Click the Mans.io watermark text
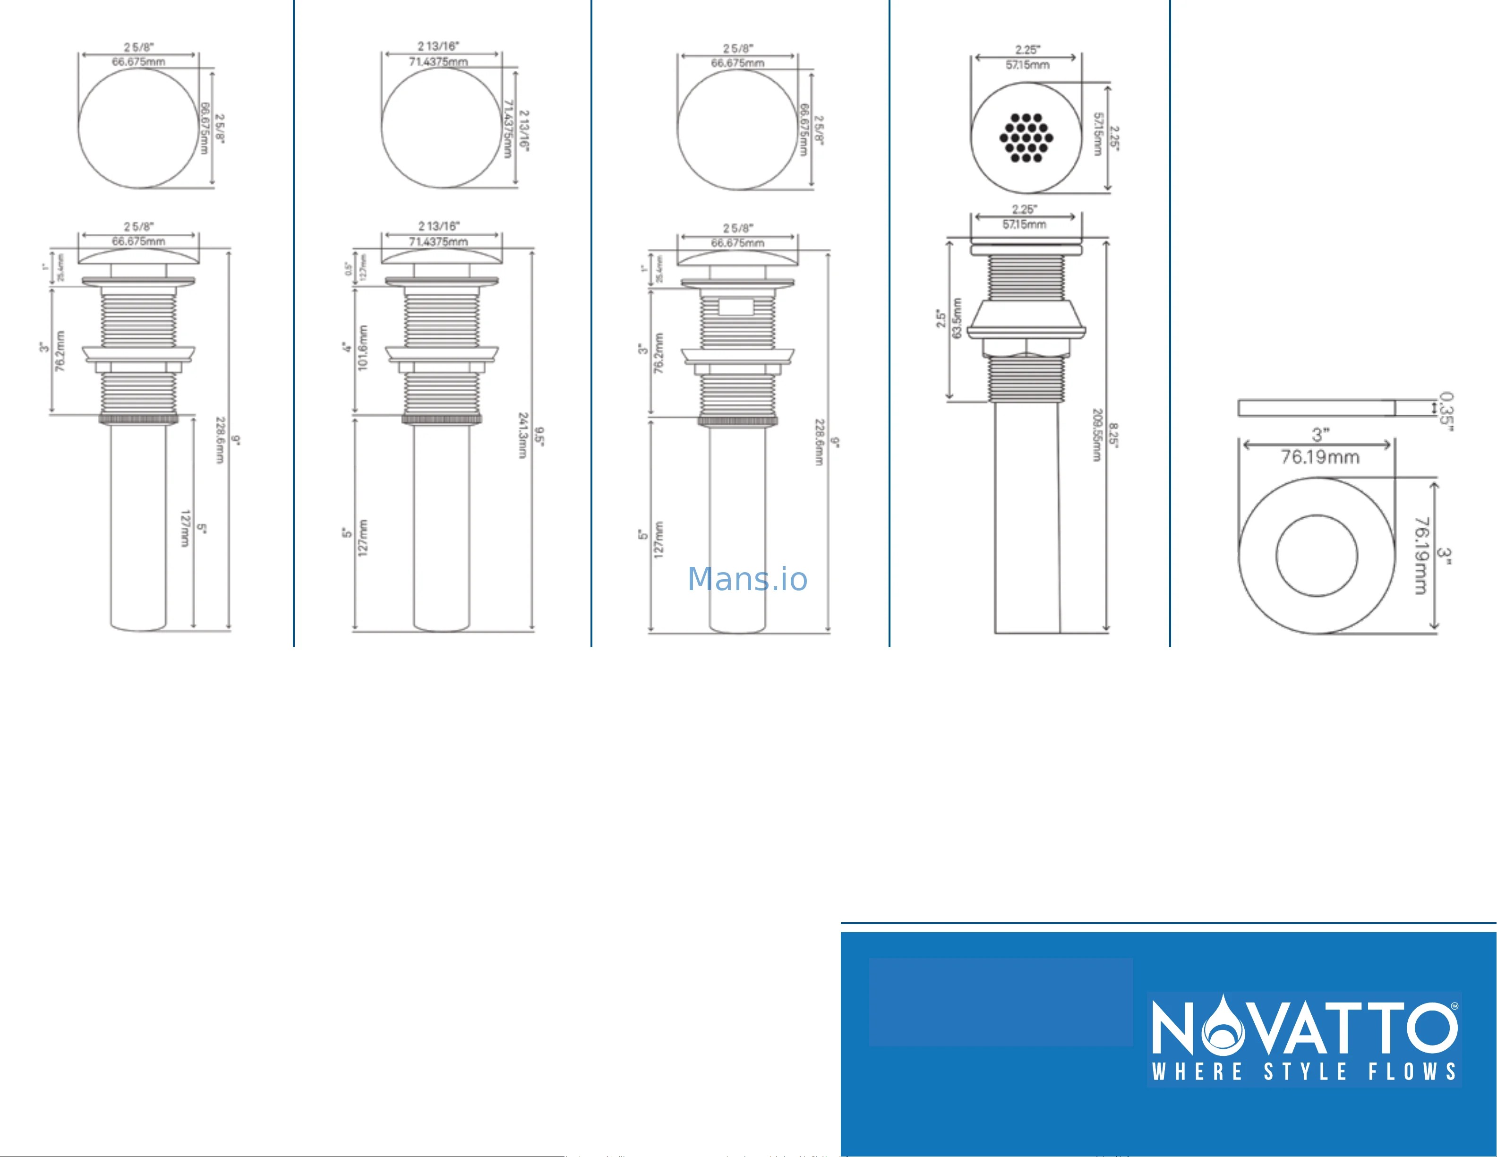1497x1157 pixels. pos(747,580)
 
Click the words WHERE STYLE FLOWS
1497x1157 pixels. pos(1304,1072)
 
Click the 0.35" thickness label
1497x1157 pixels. pos(1446,411)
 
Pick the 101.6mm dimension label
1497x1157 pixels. pos(363,348)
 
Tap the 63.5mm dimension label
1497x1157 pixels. pos(958,318)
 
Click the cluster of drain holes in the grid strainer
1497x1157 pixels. pos(1026,138)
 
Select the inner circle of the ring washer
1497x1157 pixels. pos(1317,555)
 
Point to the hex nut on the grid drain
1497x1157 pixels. pos(1026,348)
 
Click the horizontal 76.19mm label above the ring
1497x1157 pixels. pos(1319,457)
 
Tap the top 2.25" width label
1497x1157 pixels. pos(1027,50)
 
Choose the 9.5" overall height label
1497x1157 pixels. pos(539,437)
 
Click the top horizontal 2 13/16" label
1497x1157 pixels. pos(439,46)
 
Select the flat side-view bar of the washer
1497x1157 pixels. pos(1316,409)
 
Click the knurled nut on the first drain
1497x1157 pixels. pos(138,419)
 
